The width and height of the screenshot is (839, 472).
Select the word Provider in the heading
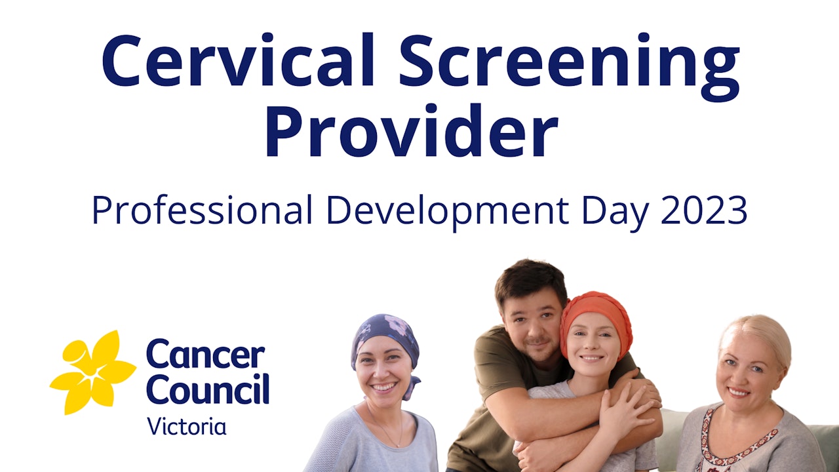point(411,131)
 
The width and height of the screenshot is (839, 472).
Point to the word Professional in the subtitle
point(202,210)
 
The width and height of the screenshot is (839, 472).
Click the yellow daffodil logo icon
point(92,372)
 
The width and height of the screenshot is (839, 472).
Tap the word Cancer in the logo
point(205,356)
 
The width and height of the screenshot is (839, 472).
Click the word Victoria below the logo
point(187,426)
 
